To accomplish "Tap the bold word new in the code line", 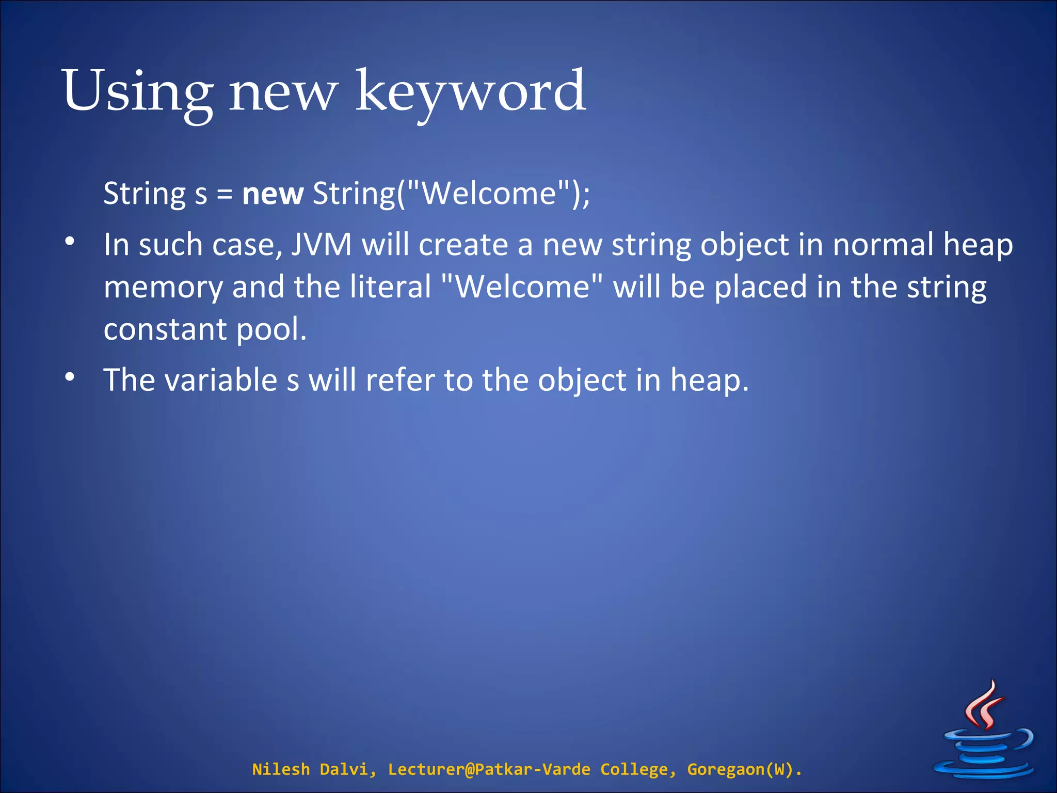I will click(x=273, y=194).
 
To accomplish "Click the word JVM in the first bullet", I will click(x=321, y=245).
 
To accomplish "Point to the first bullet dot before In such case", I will click(x=70, y=241).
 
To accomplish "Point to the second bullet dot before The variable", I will click(x=70, y=377).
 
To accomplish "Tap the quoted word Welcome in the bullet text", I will click(x=523, y=287).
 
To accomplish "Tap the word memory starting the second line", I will click(x=163, y=288).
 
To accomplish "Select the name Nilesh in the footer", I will click(x=281, y=769).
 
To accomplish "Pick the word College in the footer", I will click(x=635, y=769).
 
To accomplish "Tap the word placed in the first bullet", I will click(x=760, y=287).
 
